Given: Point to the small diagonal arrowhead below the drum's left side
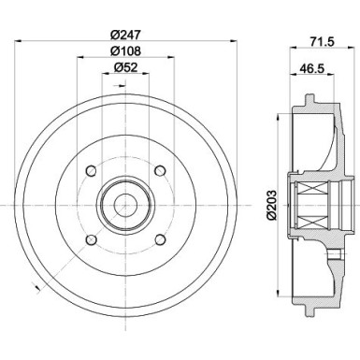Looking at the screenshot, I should [34, 284].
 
